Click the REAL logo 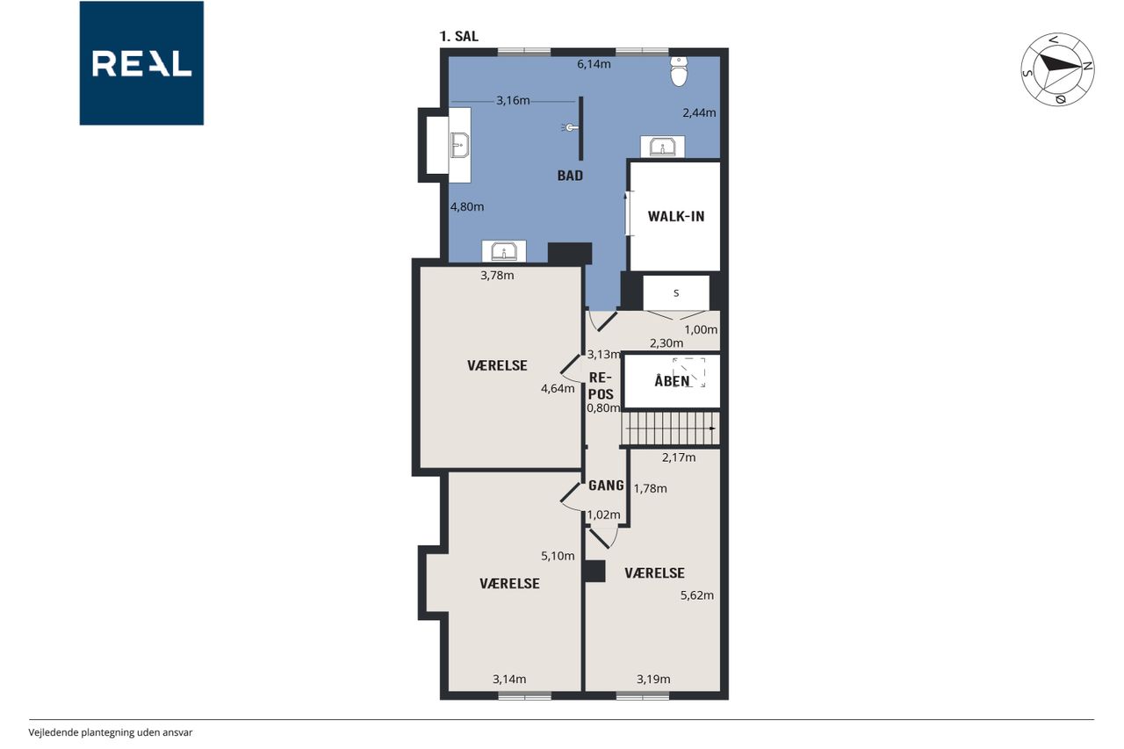(141, 63)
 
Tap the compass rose (1057, 69)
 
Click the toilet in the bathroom (679, 71)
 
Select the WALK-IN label (676, 217)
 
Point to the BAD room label (570, 176)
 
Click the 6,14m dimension (594, 64)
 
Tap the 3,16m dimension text (513, 101)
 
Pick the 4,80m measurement (467, 206)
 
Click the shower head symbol (570, 128)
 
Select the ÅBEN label (672, 381)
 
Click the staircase (670, 429)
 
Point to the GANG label (606, 486)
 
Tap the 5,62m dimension (697, 595)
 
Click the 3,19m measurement (653, 680)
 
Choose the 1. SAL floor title (458, 36)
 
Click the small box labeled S (676, 293)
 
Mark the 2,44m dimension (699, 113)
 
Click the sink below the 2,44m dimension (662, 147)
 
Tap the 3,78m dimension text (497, 276)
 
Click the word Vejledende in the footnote (54, 732)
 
